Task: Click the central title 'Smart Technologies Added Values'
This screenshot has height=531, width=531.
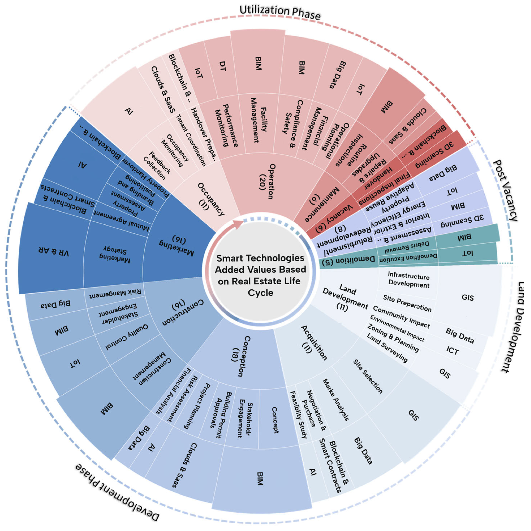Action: coord(260,275)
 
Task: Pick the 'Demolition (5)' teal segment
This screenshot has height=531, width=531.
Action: coord(349,260)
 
